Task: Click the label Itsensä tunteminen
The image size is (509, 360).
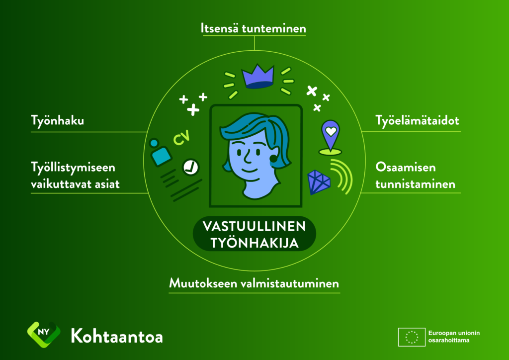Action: point(253,28)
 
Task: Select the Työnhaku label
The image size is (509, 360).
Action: point(58,121)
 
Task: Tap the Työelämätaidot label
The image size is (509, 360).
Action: point(417,121)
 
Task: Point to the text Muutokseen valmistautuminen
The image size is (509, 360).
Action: point(254,283)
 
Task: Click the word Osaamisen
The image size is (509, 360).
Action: point(406,168)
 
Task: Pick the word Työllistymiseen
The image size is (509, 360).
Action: point(73,168)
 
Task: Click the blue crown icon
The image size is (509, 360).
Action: point(258,76)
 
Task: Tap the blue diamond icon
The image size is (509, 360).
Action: point(319,182)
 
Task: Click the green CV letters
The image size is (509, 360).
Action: point(181,138)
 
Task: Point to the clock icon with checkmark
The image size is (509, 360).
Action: point(190,167)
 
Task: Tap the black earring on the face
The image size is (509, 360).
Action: point(273,159)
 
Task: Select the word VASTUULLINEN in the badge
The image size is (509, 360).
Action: point(254,226)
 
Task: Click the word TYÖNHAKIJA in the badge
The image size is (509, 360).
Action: point(254,242)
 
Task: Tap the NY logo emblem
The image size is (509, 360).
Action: point(44,334)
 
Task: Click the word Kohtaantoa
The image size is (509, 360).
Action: point(117,336)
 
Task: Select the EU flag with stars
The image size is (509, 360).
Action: point(412,337)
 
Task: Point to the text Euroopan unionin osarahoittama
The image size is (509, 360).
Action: point(454,337)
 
